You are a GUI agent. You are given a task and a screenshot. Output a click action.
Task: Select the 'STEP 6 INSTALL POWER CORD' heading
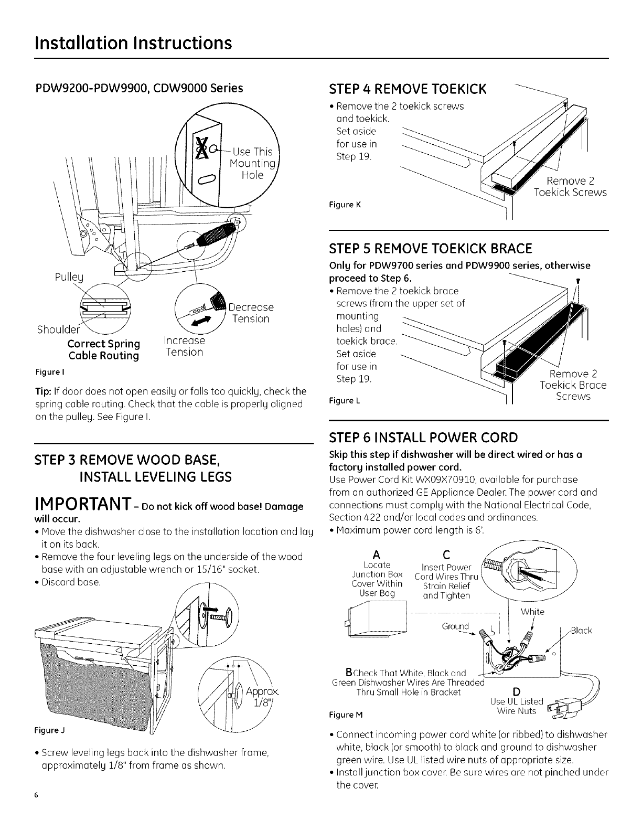[x=423, y=437]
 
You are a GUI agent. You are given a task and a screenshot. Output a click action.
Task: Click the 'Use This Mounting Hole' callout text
[x=253, y=163]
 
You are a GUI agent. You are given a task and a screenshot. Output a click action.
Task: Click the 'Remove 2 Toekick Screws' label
[x=570, y=187]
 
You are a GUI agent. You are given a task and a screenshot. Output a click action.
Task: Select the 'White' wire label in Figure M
[x=532, y=612]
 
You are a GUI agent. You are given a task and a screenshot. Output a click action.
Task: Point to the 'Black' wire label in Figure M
[x=581, y=630]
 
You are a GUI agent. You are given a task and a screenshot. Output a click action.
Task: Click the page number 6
[x=36, y=795]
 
